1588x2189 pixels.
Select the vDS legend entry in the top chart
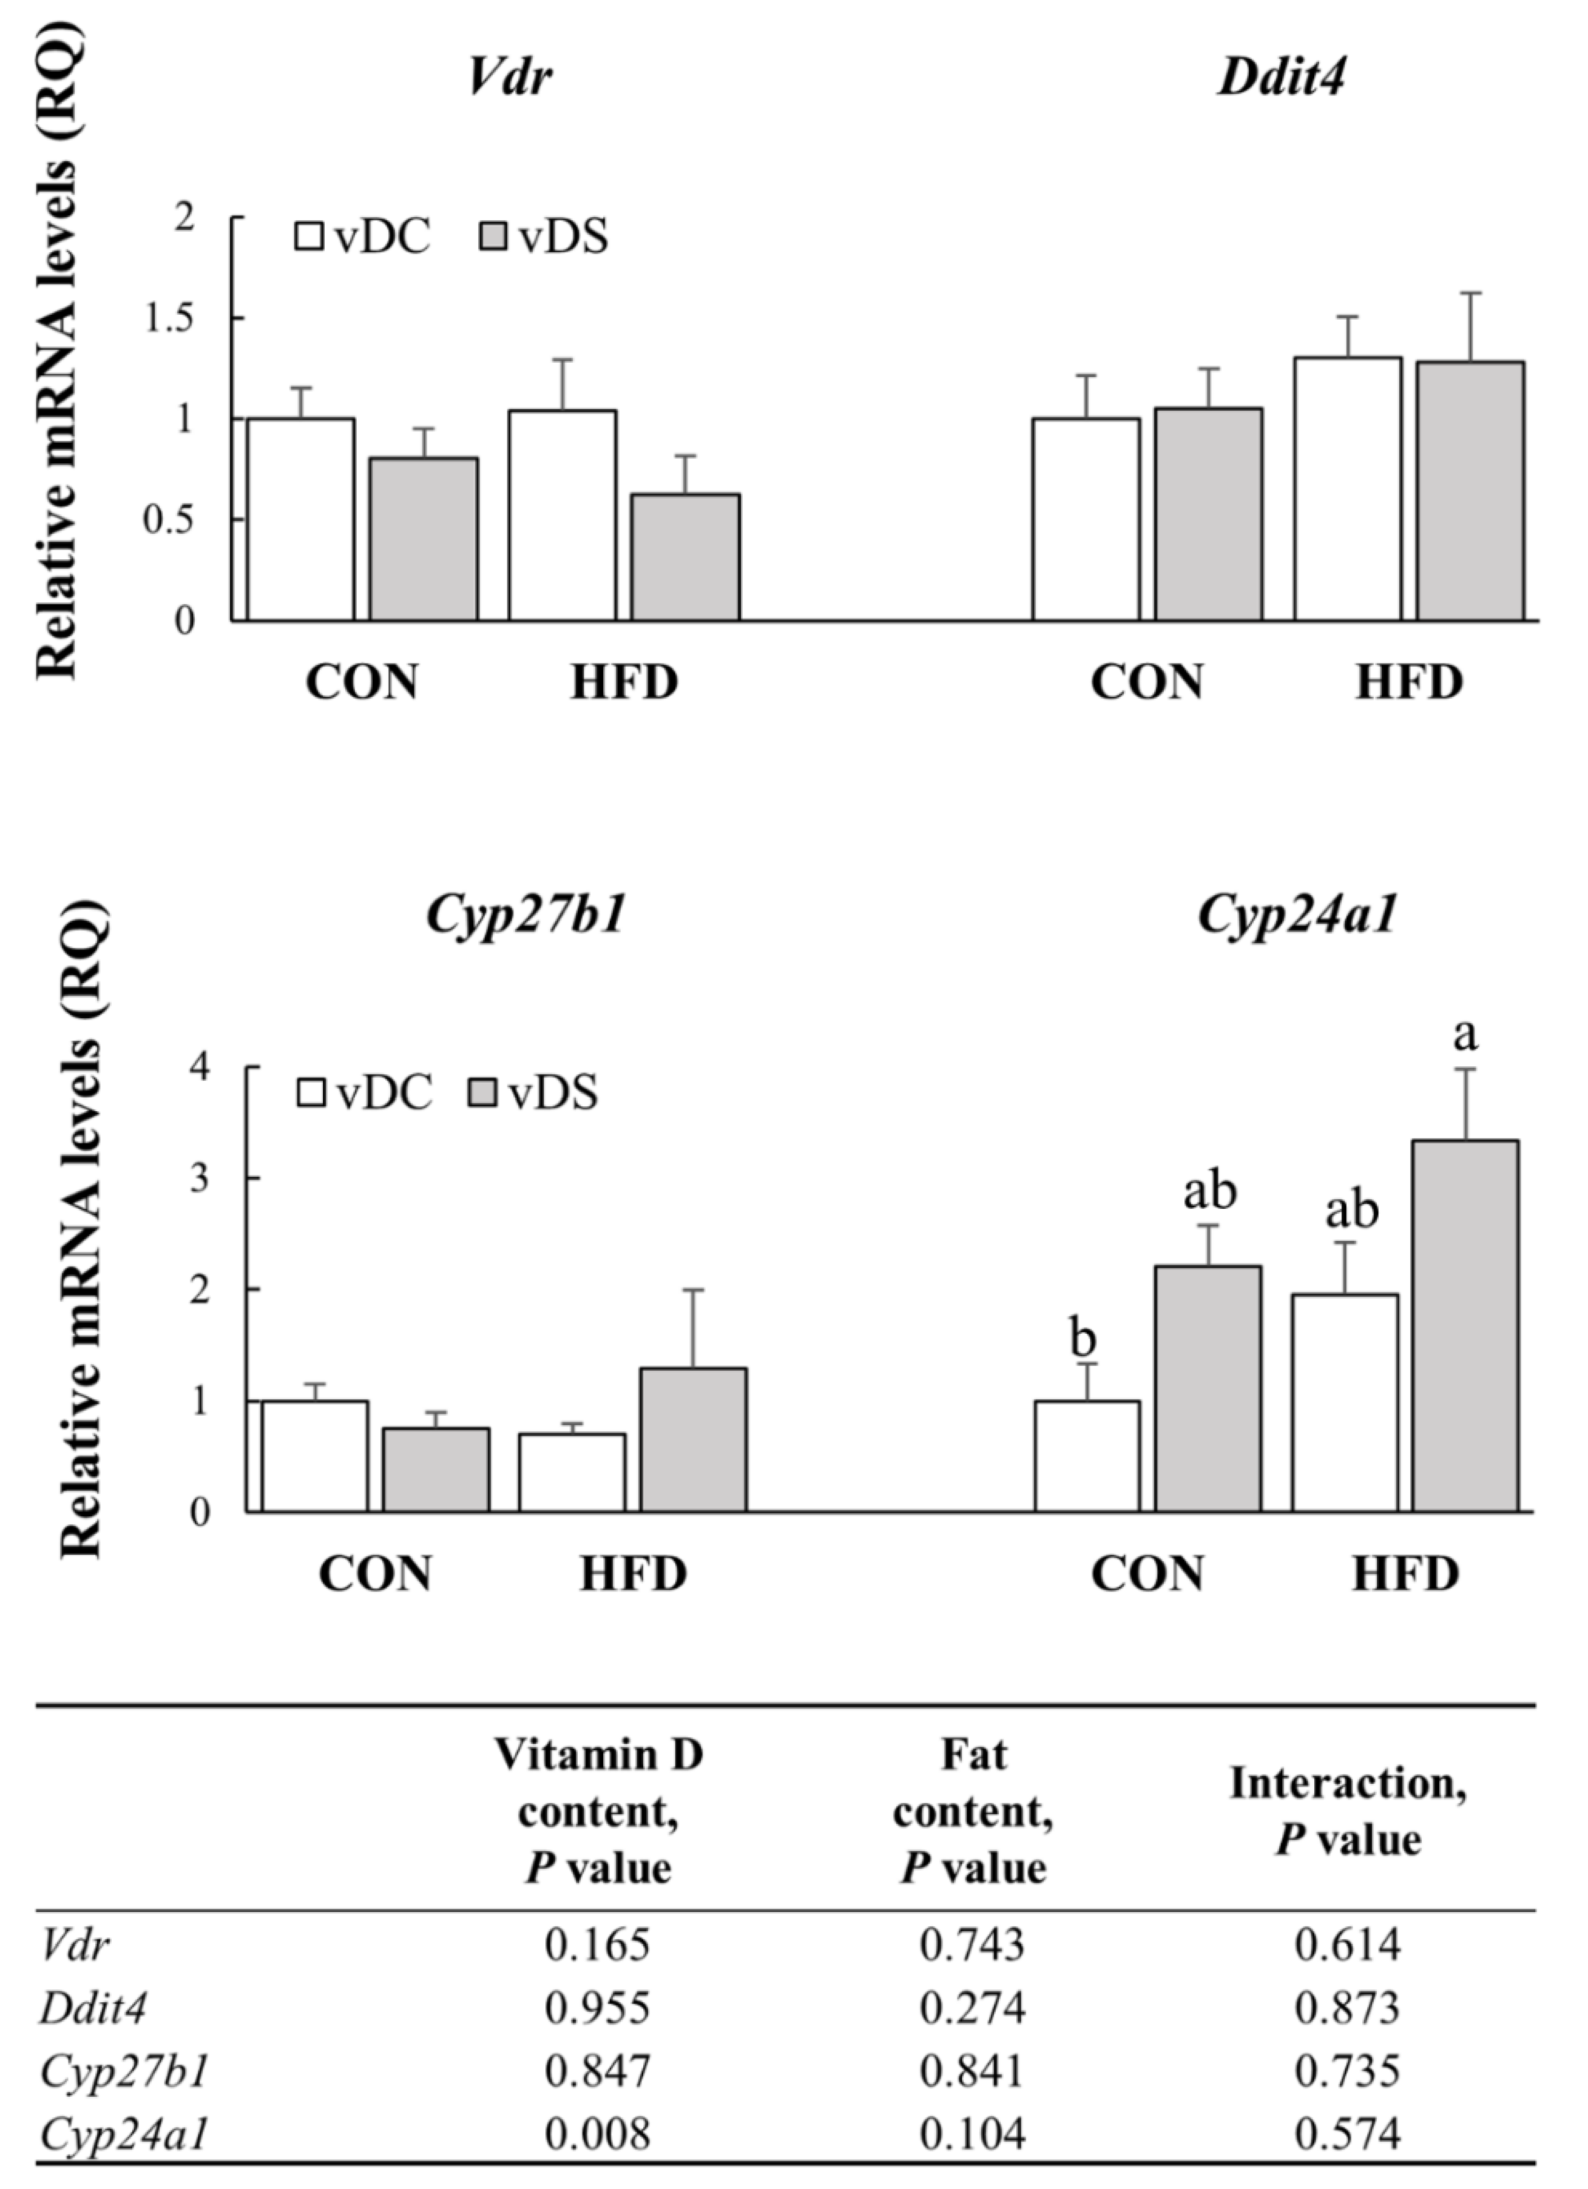[544, 237]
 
